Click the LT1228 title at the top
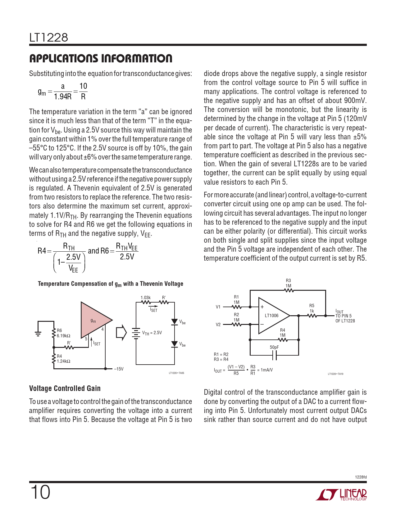pyautogui.click(x=48, y=38)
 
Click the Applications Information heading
pyautogui.click(x=101, y=58)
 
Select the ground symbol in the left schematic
pyautogui.click(x=38, y=333)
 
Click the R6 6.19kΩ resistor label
pyautogui.click(x=63, y=333)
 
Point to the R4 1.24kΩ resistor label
pyautogui.click(x=63, y=359)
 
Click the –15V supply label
pyautogui.click(x=119, y=369)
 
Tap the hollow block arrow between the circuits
pyautogui.click(x=121, y=332)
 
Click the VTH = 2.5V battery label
pyautogui.click(x=152, y=333)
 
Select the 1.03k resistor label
pyautogui.click(x=145, y=298)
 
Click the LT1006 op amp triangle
pyautogui.click(x=272, y=316)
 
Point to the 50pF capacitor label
pyautogui.click(x=274, y=347)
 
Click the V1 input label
pyautogui.click(x=218, y=307)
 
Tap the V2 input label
pyautogui.click(x=218, y=325)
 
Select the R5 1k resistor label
pyautogui.click(x=312, y=308)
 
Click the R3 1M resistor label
pyautogui.click(x=288, y=283)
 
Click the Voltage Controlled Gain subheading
pyautogui.click(x=65, y=388)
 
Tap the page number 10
pyautogui.click(x=40, y=492)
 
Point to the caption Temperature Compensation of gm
pyautogui.click(x=110, y=284)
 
